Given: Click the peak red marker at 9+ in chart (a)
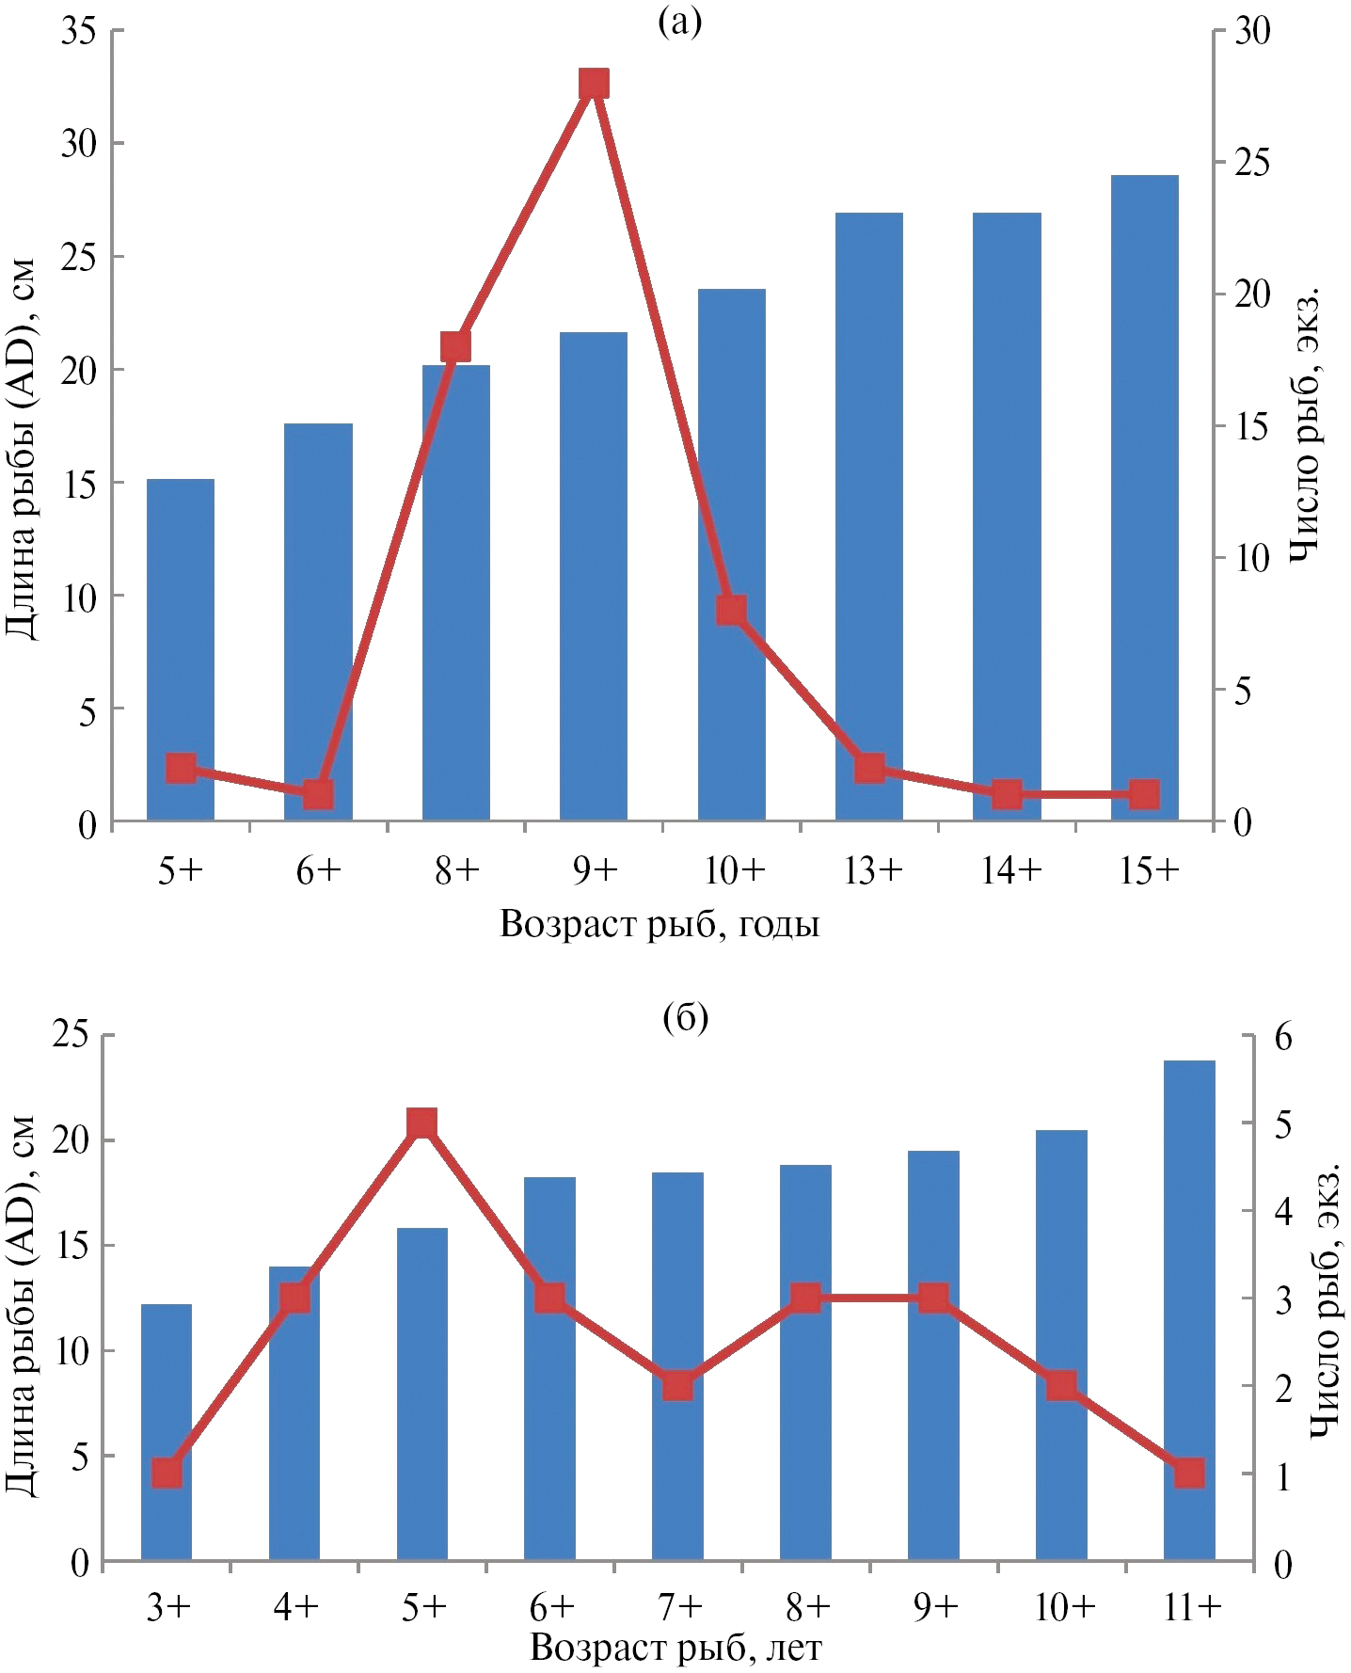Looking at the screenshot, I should [594, 85].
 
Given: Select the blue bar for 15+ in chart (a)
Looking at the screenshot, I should [1144, 499].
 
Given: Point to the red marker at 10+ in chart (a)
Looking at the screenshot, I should [732, 611].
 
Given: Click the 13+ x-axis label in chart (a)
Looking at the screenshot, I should [872, 871].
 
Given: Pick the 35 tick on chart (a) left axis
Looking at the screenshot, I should [79, 31].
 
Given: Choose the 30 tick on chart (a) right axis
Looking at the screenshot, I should [1251, 31].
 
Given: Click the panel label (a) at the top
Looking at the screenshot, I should [680, 21].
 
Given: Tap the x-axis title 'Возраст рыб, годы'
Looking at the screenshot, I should [659, 924].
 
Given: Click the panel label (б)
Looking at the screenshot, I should [685, 1017].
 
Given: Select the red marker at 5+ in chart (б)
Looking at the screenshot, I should [422, 1123].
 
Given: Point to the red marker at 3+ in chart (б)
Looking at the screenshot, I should [167, 1474].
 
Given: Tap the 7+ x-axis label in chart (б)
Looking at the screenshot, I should [679, 1608].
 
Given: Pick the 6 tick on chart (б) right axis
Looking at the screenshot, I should [1282, 1038].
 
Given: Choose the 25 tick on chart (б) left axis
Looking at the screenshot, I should [71, 1035].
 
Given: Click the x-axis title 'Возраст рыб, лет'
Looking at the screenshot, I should [675, 1648].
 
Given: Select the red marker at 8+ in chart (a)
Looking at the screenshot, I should [456, 347].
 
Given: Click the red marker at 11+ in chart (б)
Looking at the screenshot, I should [1190, 1474].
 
